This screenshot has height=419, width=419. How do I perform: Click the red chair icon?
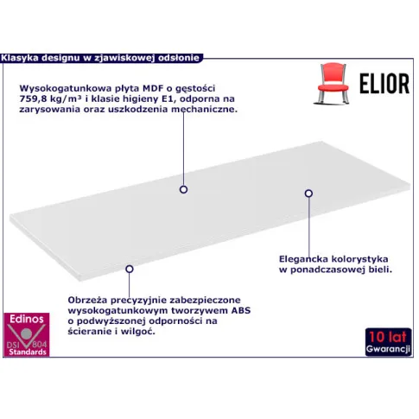click(x=333, y=83)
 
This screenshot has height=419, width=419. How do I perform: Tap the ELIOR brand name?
click(x=384, y=84)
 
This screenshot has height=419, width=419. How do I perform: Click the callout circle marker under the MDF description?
click(x=183, y=189)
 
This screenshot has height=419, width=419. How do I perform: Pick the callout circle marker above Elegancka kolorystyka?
click(x=308, y=194)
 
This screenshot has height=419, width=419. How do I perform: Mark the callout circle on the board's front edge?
click(x=130, y=269)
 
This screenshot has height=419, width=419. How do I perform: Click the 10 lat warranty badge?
click(x=389, y=342)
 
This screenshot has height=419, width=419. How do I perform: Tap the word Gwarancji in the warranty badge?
click(x=388, y=349)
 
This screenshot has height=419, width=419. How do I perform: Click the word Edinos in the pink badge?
click(x=27, y=319)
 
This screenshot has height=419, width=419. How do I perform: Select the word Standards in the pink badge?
click(x=28, y=352)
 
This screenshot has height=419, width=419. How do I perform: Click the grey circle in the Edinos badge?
click(x=26, y=333)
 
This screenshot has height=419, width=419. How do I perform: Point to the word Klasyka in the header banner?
click(x=20, y=58)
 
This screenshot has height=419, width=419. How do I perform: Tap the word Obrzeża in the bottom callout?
click(x=87, y=300)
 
